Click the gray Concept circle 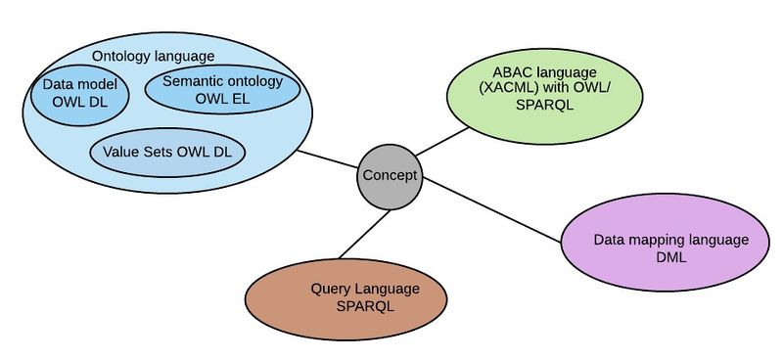coord(390,177)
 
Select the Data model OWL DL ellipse coord(80,95)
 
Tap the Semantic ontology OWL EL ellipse coord(222,89)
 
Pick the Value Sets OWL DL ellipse coord(167,153)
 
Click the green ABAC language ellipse coord(545,96)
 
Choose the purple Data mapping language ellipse coord(666,243)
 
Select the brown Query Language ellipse coord(345,298)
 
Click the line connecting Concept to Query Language coord(364,234)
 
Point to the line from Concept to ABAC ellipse coord(442,141)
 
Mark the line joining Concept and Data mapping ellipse coord(492,209)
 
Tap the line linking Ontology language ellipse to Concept coord(328,159)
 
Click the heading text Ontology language coord(153,56)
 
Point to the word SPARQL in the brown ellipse coord(365,306)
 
